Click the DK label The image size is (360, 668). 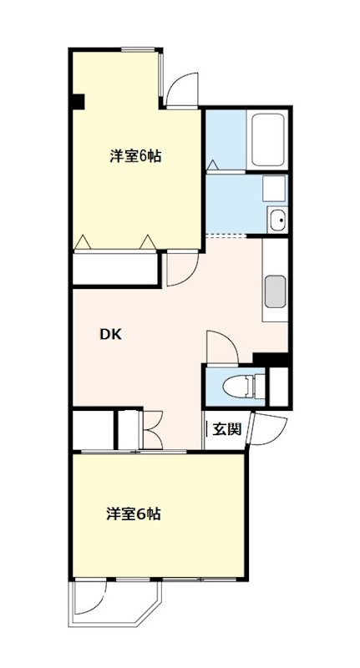[x=111, y=335]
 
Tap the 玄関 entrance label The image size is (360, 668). [x=226, y=430]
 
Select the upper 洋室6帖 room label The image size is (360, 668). [x=135, y=156]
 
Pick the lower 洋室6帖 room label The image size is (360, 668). [x=134, y=514]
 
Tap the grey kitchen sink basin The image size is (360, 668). [x=275, y=292]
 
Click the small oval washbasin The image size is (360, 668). [x=277, y=221]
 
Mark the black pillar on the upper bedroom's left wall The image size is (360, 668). [x=77, y=102]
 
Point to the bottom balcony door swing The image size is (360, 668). [x=90, y=597]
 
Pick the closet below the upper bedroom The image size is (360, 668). [x=116, y=269]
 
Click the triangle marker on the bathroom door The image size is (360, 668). [x=212, y=164]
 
